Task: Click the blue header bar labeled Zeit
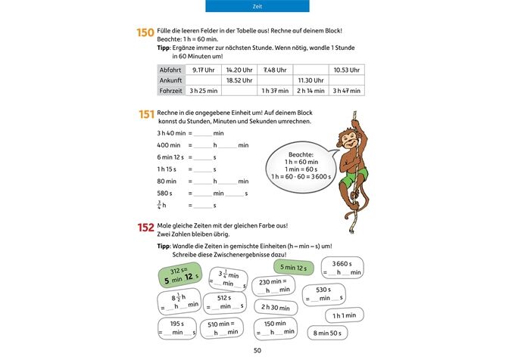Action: point(257,6)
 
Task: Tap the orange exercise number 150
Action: point(145,33)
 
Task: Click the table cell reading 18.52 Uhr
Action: point(239,79)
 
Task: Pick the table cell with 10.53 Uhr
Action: point(346,70)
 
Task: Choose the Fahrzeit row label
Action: point(171,90)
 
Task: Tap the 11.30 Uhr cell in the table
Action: point(311,79)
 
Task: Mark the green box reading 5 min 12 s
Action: point(292,268)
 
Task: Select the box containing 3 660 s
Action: point(342,268)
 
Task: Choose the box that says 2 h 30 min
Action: point(276,307)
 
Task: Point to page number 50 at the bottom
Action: point(257,350)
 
